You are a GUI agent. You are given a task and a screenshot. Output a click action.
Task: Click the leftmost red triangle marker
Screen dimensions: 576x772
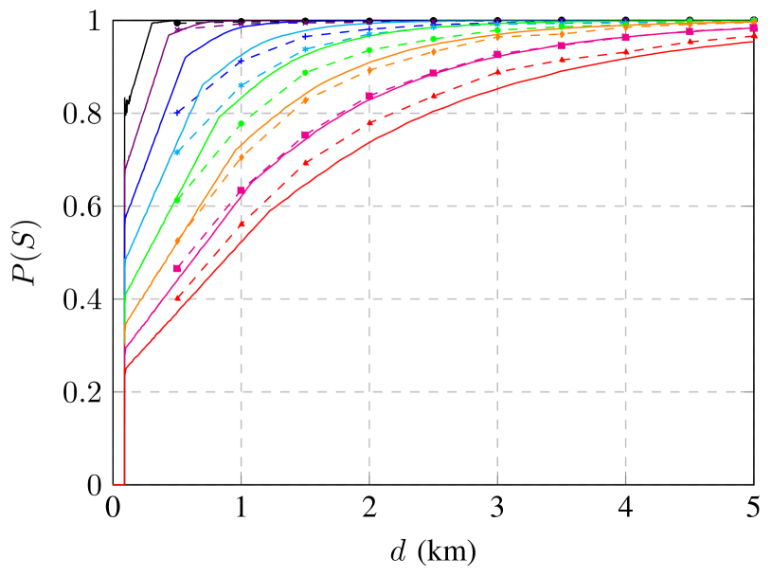(177, 298)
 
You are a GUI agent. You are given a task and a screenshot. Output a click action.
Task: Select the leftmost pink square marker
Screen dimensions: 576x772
(177, 269)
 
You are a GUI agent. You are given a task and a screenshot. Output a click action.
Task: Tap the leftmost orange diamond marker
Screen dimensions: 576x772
(177, 241)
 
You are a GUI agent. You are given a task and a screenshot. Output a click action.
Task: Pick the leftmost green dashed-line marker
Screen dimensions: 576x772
(177, 200)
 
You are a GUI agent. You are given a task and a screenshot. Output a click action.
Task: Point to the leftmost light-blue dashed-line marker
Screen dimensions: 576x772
(177, 152)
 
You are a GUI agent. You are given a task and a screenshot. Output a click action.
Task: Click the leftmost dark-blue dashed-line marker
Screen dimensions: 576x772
(177, 113)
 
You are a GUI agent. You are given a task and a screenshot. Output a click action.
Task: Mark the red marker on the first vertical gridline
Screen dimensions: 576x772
(241, 225)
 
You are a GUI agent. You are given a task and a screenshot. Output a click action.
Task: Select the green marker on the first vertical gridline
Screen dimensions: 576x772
(241, 124)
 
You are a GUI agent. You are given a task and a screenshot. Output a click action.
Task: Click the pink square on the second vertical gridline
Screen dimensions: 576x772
(369, 96)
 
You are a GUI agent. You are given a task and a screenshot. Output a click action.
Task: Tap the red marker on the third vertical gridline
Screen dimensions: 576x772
(497, 73)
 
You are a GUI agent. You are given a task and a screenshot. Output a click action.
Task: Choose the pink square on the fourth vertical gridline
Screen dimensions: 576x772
(625, 38)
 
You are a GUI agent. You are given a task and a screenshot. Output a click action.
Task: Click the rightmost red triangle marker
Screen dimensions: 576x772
(754, 37)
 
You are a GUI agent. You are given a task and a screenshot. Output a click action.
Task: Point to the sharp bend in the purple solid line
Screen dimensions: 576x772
(169, 35)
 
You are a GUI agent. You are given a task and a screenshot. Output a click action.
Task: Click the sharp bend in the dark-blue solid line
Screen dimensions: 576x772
(185, 58)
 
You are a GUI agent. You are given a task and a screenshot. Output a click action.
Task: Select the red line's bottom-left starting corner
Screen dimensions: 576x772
(125, 483)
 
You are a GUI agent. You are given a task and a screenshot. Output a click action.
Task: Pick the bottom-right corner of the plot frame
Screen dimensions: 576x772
(755, 484)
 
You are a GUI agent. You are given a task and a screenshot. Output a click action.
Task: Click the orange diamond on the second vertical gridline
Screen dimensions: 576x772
(369, 70)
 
